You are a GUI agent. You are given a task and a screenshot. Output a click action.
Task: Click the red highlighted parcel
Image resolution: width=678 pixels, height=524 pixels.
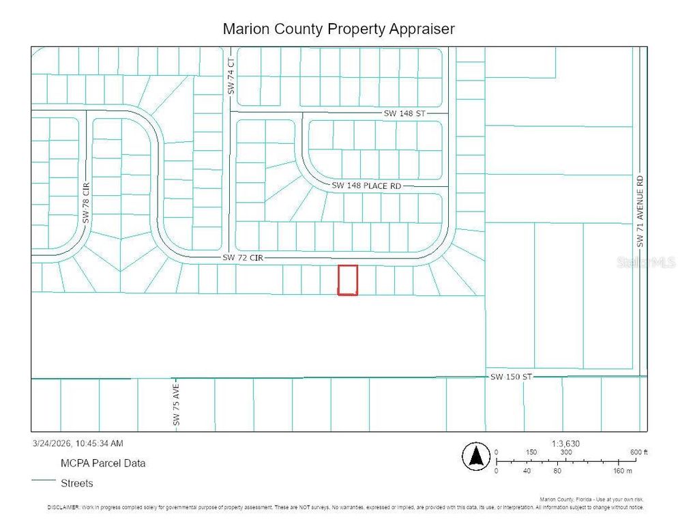click(x=348, y=280)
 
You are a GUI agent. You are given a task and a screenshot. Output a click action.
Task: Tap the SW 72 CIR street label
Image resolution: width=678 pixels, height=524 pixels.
click(x=243, y=258)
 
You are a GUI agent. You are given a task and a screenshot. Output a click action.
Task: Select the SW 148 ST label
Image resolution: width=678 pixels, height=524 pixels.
click(x=404, y=113)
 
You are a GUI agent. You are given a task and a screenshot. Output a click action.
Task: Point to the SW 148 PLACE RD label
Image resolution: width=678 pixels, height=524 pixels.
click(x=366, y=186)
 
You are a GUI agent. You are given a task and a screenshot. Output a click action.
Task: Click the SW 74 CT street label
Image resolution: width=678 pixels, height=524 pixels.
click(x=231, y=76)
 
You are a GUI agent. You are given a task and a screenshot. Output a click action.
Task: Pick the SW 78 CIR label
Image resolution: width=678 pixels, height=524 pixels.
click(x=86, y=202)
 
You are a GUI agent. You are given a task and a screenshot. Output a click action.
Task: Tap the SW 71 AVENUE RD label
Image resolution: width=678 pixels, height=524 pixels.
click(x=640, y=212)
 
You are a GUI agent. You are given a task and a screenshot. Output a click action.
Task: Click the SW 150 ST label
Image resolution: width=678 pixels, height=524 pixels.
click(x=510, y=377)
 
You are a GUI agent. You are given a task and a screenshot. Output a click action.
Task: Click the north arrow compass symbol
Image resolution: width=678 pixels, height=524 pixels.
click(x=476, y=456)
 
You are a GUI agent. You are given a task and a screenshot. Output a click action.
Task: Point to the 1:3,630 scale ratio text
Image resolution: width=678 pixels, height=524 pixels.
click(x=565, y=443)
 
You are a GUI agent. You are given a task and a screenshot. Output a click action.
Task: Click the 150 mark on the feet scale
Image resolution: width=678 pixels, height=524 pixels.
click(x=531, y=452)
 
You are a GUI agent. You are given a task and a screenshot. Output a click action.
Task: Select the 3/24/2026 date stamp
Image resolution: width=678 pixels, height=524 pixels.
click(x=77, y=443)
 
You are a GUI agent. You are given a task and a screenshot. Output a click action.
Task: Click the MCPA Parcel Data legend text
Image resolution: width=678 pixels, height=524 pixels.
click(x=103, y=463)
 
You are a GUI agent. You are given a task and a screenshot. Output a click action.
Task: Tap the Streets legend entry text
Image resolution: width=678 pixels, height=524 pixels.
click(x=77, y=483)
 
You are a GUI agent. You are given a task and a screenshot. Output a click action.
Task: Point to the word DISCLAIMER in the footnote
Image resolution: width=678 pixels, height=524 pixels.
click(x=63, y=508)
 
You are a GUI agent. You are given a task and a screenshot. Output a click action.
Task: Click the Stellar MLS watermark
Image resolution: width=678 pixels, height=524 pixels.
click(x=645, y=262)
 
